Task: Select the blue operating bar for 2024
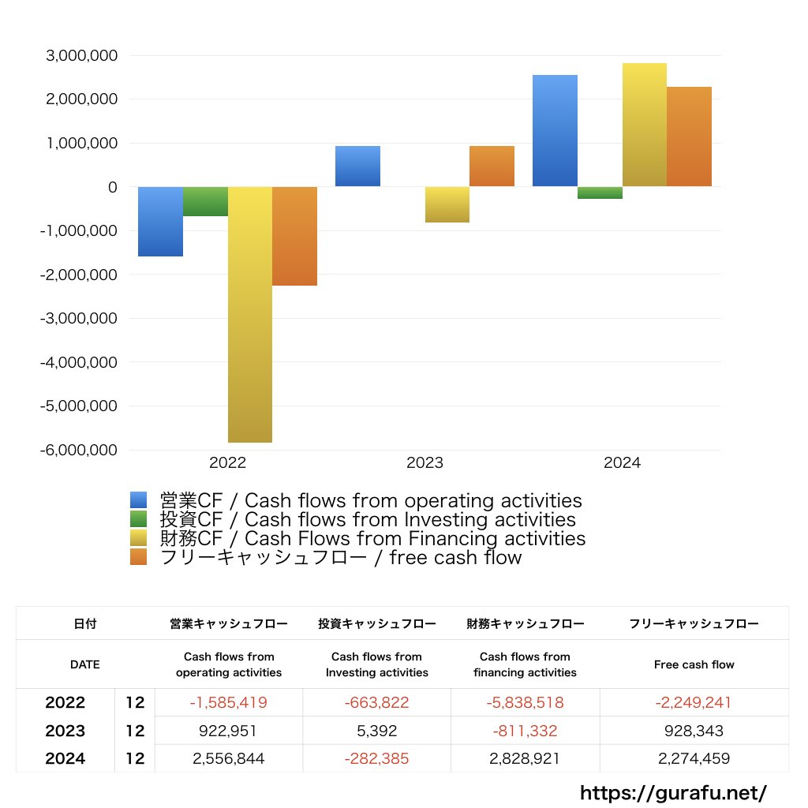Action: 555,131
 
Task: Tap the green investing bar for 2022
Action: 205,201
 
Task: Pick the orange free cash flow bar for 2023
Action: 492,166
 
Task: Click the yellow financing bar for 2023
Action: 447,204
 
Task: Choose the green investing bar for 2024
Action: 600,193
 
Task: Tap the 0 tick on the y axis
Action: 113,187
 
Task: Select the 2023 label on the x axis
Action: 425,463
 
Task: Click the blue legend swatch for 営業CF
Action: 139,500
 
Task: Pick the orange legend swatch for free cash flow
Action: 139,557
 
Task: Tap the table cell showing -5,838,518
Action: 526,702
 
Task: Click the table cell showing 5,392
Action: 377,731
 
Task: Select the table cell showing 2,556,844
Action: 229,758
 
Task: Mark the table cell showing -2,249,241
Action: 694,702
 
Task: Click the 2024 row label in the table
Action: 65,758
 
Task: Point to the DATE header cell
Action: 85,664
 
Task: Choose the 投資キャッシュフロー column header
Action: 377,623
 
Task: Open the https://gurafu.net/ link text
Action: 673,792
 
